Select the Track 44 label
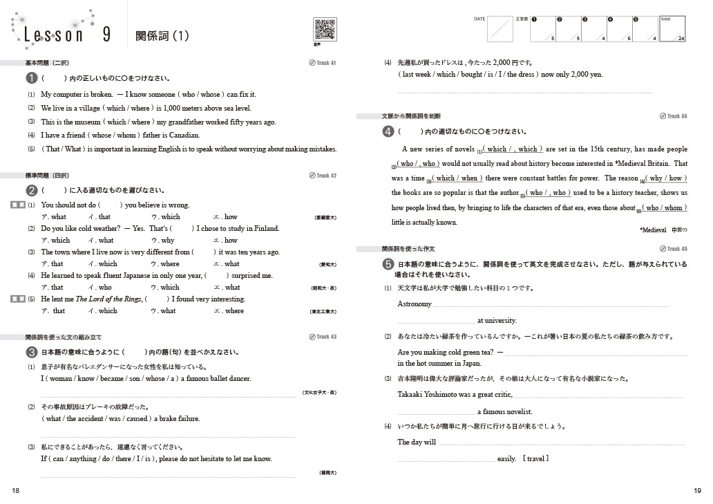674,116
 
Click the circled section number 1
31,79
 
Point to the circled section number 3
31,352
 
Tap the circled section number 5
388,264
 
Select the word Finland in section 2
266,229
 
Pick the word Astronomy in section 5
415,304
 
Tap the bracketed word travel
536,459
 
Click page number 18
16,490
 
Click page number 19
696,490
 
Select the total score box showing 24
673,29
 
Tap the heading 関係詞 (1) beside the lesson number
162,35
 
